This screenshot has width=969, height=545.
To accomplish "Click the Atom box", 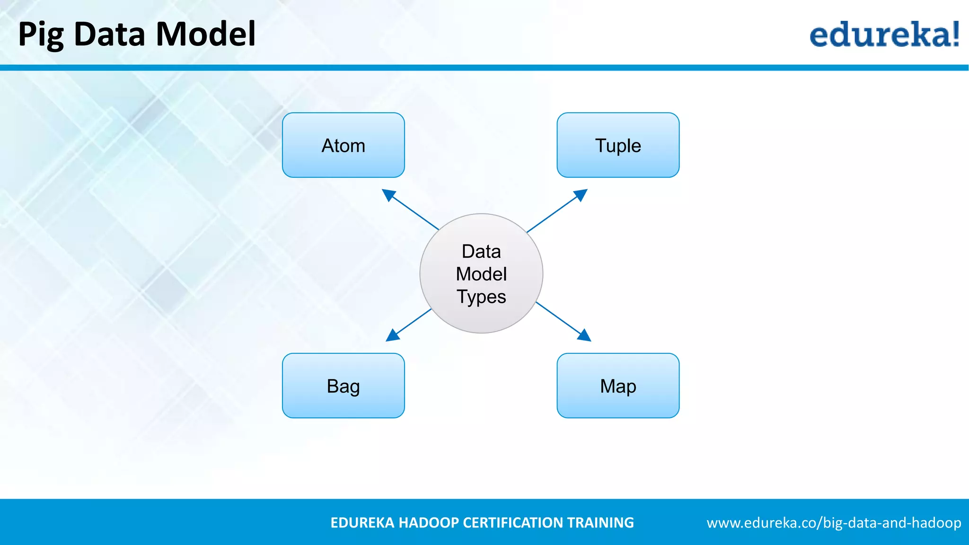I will [x=343, y=145].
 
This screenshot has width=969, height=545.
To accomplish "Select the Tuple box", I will [x=618, y=145].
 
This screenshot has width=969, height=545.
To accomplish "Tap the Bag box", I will [x=343, y=386].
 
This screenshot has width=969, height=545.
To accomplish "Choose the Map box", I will [x=618, y=386].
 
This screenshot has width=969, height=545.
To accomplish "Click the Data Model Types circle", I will [x=481, y=273].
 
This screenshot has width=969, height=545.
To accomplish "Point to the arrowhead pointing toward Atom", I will [x=388, y=194].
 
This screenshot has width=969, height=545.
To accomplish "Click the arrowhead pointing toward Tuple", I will [x=581, y=194].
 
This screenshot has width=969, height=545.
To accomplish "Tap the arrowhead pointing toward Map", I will [x=585, y=335].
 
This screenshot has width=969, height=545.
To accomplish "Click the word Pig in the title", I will [x=41, y=35].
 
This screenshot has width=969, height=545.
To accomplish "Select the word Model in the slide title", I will [x=205, y=34].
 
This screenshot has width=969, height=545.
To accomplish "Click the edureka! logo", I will [x=884, y=34].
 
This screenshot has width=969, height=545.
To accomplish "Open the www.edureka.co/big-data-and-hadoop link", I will [x=834, y=523].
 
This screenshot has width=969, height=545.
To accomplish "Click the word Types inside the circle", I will [x=481, y=297].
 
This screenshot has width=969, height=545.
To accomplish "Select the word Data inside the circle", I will [x=481, y=251].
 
